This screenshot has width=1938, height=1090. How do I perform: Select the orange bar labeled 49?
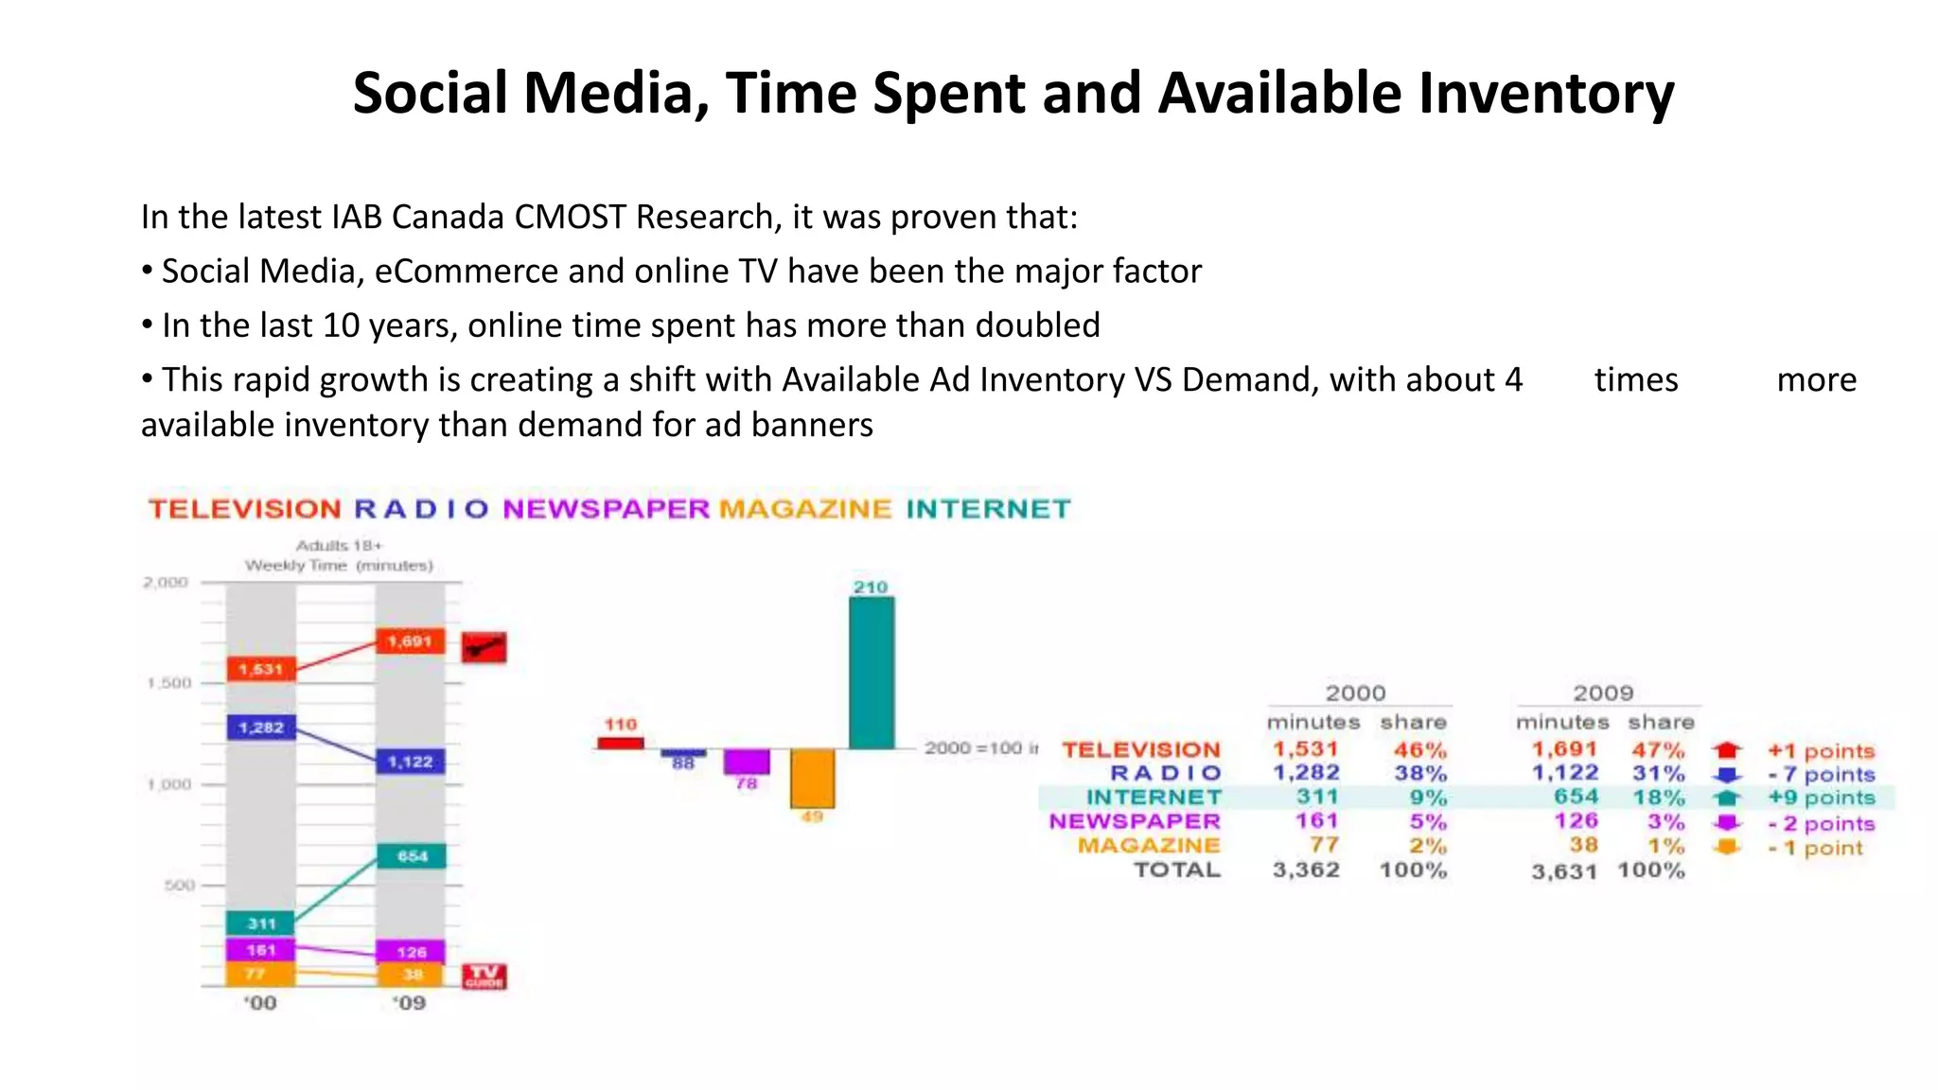pos(812,778)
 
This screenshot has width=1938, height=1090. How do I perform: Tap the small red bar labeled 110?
pos(620,743)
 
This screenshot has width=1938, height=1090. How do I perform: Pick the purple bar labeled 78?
pos(747,761)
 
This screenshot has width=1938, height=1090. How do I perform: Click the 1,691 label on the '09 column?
pos(410,642)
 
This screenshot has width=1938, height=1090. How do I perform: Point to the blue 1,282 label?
pos(261,728)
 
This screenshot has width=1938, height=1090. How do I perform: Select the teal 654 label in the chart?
pos(412,856)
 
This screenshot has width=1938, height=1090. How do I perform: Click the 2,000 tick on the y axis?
pos(166,582)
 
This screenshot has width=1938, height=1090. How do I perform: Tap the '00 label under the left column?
pos(260,1003)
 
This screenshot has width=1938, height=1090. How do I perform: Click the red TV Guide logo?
pos(484,976)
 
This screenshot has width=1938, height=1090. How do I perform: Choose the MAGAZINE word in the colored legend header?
pos(805,509)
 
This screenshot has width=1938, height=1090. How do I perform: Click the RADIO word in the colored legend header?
pos(421,509)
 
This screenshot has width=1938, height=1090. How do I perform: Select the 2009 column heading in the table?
pos(1603,693)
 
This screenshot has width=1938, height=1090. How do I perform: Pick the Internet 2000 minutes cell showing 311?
pos(1317,798)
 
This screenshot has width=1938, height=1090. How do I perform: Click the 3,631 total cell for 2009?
pos(1563,871)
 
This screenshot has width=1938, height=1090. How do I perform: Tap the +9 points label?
pos(1822,798)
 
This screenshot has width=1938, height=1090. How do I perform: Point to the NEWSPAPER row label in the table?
pos(1135,821)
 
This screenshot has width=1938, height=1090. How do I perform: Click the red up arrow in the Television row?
pos(1727,750)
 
